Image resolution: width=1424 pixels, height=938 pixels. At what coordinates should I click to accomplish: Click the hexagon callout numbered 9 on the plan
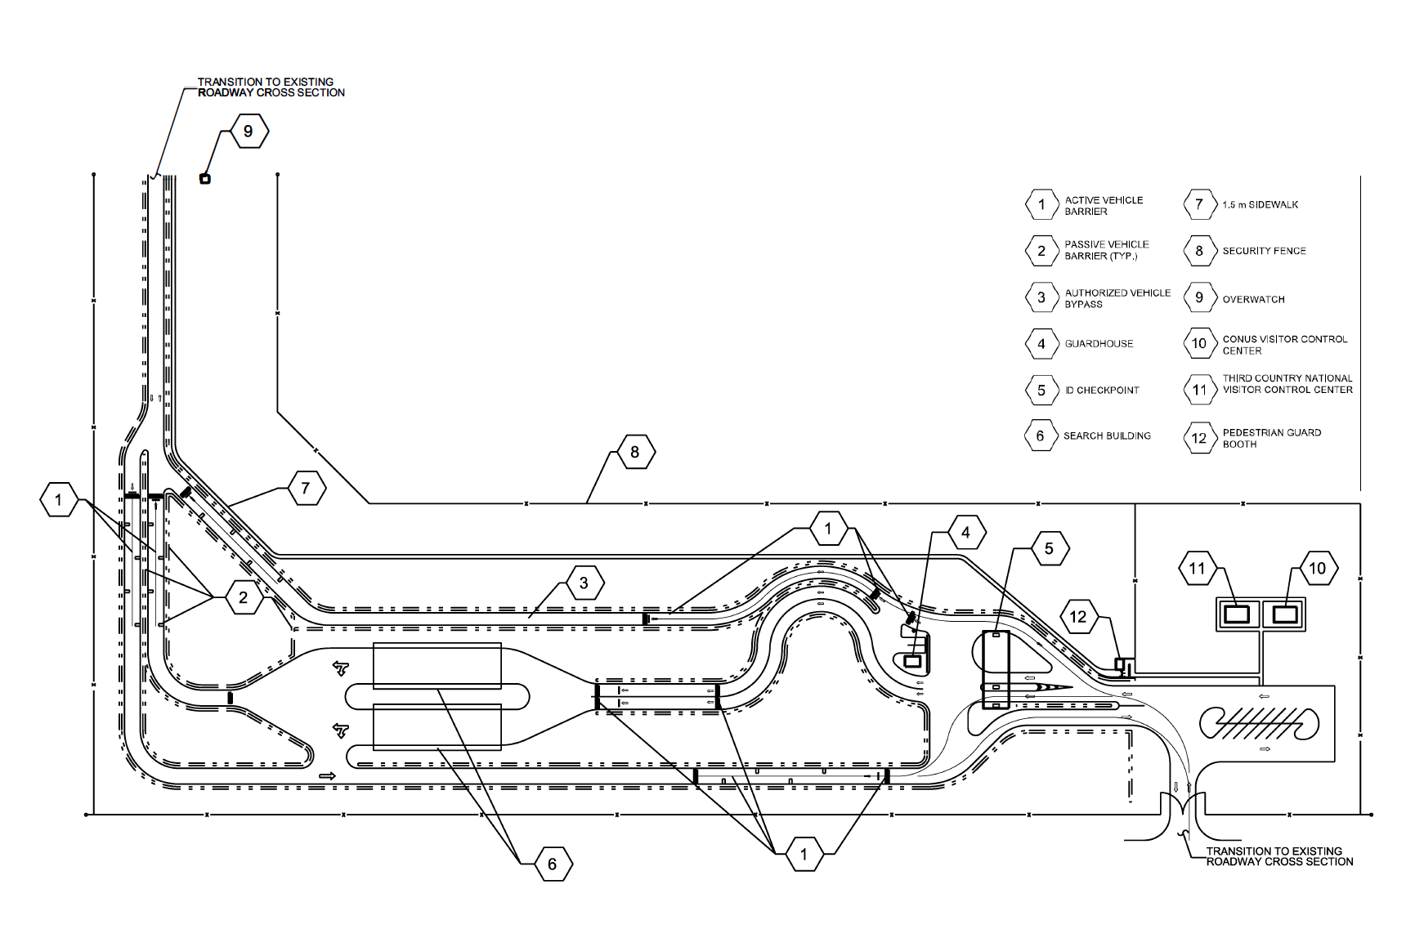249,132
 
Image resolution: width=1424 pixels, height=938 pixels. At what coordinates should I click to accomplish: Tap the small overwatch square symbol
205,179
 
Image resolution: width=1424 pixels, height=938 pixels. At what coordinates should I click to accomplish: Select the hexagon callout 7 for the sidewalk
306,489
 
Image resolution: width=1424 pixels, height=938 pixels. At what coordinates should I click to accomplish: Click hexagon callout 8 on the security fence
635,452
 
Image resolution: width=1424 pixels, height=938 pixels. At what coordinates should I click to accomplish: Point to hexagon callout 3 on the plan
584,583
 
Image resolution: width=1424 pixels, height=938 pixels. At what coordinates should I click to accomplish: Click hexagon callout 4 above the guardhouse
965,533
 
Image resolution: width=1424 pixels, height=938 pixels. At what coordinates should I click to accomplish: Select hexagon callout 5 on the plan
1049,549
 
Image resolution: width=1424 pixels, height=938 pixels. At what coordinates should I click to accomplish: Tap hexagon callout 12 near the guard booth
1078,617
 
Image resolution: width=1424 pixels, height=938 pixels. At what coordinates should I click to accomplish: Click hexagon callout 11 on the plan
1198,569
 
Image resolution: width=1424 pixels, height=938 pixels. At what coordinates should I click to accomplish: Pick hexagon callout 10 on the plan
1317,569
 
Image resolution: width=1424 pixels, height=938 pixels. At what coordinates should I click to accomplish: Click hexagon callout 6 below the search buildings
553,864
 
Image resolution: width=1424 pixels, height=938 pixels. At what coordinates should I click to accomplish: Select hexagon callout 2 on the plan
243,598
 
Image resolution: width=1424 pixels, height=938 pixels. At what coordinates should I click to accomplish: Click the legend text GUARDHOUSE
1099,344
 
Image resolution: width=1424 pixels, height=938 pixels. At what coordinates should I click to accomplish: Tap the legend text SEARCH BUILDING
1107,436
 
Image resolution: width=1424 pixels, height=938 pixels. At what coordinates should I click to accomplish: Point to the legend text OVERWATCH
1253,300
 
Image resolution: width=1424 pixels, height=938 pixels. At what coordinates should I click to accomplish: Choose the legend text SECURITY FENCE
1264,251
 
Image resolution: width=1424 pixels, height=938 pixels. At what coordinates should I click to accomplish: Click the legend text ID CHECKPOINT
1101,391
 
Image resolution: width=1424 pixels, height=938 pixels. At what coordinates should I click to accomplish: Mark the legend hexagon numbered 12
1199,439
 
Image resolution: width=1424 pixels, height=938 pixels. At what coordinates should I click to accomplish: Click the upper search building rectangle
437,665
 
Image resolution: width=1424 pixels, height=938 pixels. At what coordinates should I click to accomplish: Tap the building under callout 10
1285,614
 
